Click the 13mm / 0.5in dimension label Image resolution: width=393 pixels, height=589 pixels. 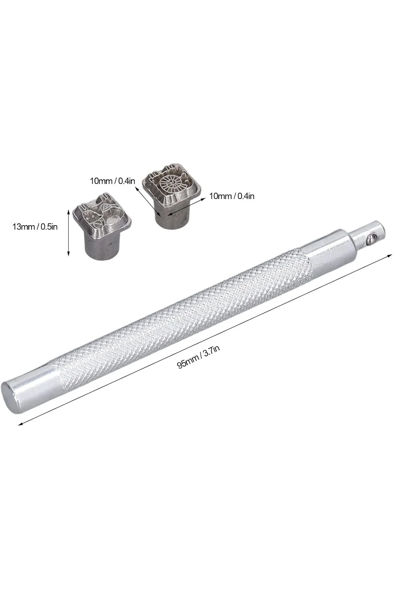click(35, 226)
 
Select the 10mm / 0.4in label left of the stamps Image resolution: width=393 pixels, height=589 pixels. click(112, 181)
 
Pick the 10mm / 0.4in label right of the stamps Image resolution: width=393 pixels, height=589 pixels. click(232, 196)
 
